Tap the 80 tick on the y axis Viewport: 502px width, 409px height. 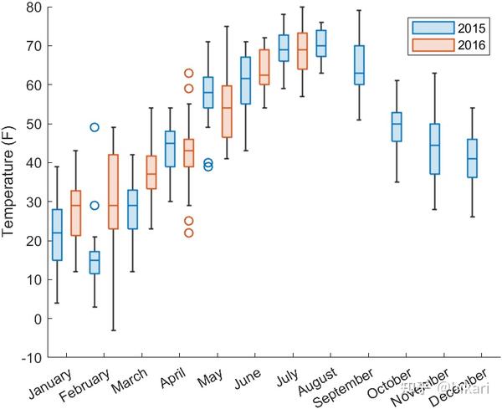[x=34, y=8]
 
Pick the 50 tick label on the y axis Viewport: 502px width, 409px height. [x=34, y=125]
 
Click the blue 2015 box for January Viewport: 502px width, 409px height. [x=57, y=234]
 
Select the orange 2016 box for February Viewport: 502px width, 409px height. [x=114, y=192]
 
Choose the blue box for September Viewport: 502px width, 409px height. [x=360, y=65]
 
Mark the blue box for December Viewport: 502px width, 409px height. [x=473, y=158]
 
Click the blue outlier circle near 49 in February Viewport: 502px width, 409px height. [x=95, y=128]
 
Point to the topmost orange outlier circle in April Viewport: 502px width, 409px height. [x=189, y=74]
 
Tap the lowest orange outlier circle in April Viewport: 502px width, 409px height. [x=189, y=233]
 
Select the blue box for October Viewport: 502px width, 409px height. [x=397, y=126]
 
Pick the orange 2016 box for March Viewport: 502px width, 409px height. [x=151, y=171]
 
